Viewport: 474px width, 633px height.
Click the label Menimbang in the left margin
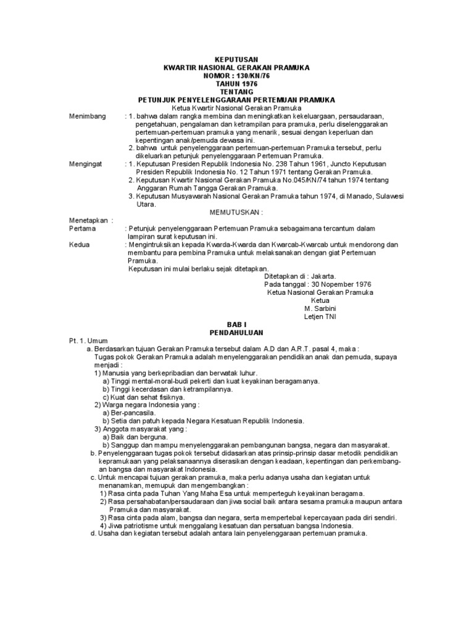coord(88,116)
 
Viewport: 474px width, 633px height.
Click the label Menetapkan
coord(89,220)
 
